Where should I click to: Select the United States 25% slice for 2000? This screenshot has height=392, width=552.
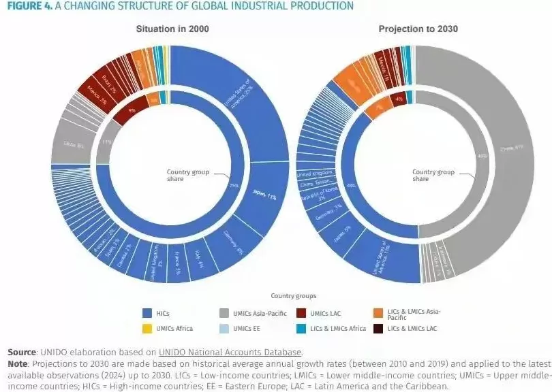(242, 95)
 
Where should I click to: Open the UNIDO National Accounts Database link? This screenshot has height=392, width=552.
(230, 352)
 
